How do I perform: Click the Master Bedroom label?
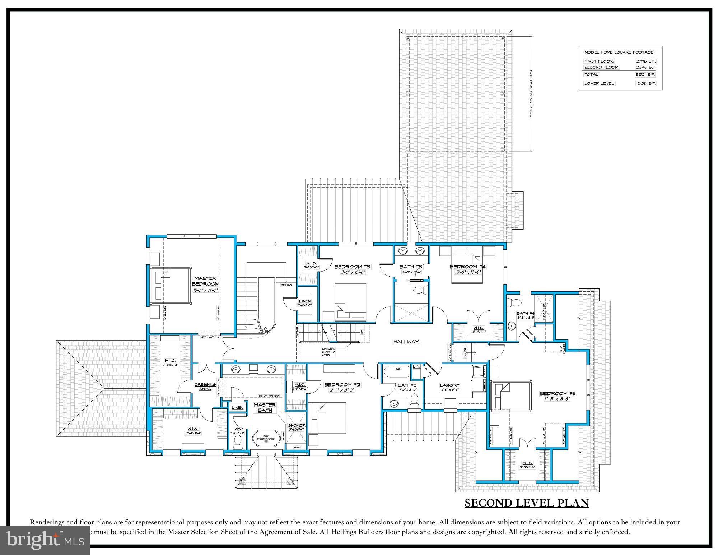206,281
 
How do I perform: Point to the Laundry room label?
450,385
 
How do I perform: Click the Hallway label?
406,342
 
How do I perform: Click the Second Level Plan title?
527,503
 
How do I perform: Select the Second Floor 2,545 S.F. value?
645,67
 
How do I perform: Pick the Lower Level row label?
600,83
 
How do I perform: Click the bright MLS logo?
45,540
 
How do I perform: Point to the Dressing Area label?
205,387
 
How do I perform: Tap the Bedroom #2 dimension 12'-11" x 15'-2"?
342,390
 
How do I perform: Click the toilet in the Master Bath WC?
237,443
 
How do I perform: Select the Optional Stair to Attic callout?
328,352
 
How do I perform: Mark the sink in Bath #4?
512,326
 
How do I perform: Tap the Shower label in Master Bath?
297,425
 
